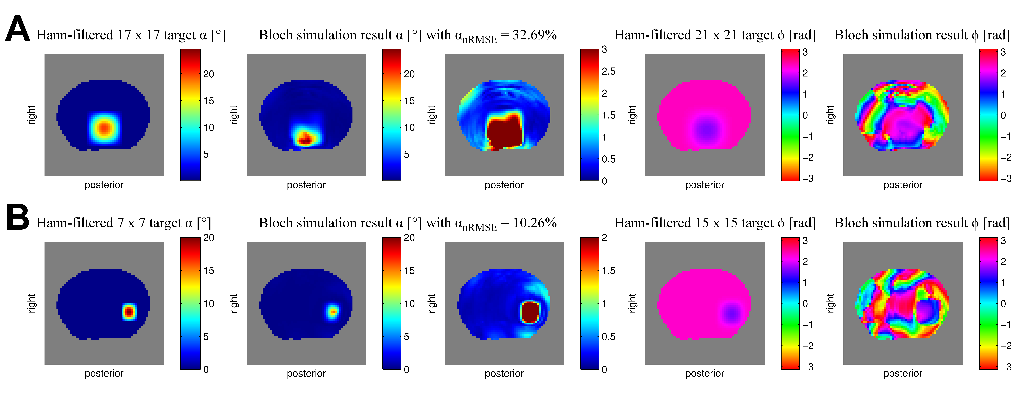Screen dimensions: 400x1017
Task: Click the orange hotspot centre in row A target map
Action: coord(104,128)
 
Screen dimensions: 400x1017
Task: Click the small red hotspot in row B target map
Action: coord(129,312)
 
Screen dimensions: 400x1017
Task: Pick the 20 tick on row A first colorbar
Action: coord(208,74)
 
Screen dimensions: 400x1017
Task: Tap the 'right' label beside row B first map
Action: coord(32,303)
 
